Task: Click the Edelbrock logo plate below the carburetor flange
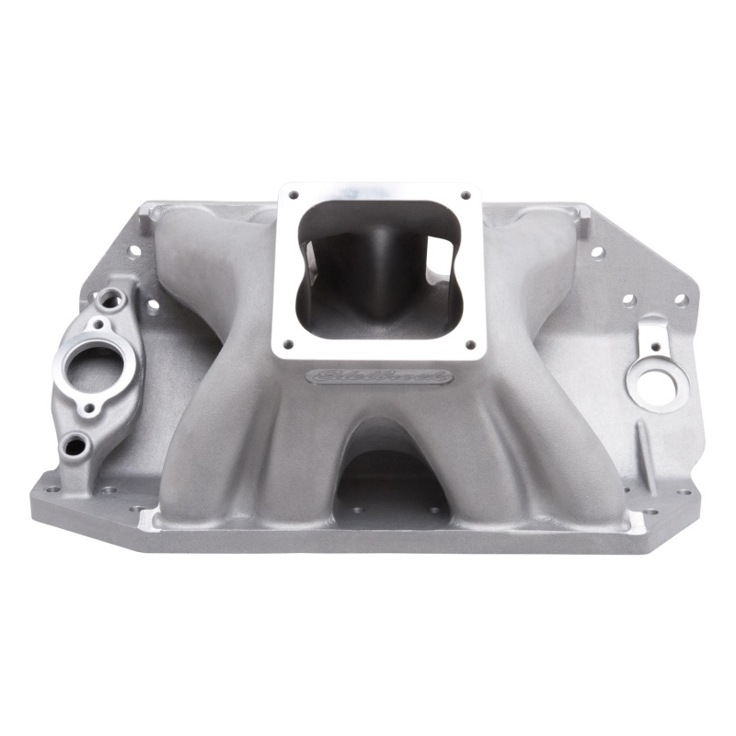(380, 376)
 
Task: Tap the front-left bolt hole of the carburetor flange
(287, 344)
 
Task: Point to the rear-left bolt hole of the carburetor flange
(293, 195)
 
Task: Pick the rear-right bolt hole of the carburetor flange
(466, 195)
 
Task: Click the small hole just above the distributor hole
(653, 347)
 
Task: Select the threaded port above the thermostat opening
(111, 298)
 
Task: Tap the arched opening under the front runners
(391, 478)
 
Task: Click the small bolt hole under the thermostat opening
(89, 408)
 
